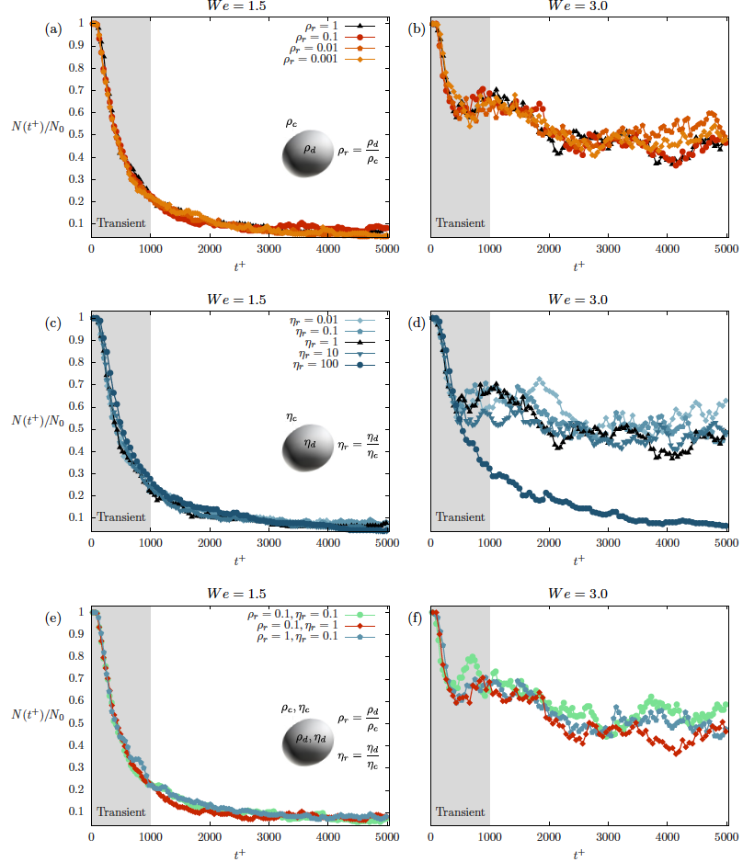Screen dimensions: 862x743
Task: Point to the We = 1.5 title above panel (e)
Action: click(x=239, y=597)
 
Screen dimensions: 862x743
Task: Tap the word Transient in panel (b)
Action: click(x=460, y=222)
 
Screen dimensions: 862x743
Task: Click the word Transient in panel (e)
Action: click(x=121, y=811)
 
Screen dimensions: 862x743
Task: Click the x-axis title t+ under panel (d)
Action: click(x=578, y=559)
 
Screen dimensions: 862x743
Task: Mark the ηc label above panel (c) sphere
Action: click(x=291, y=416)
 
